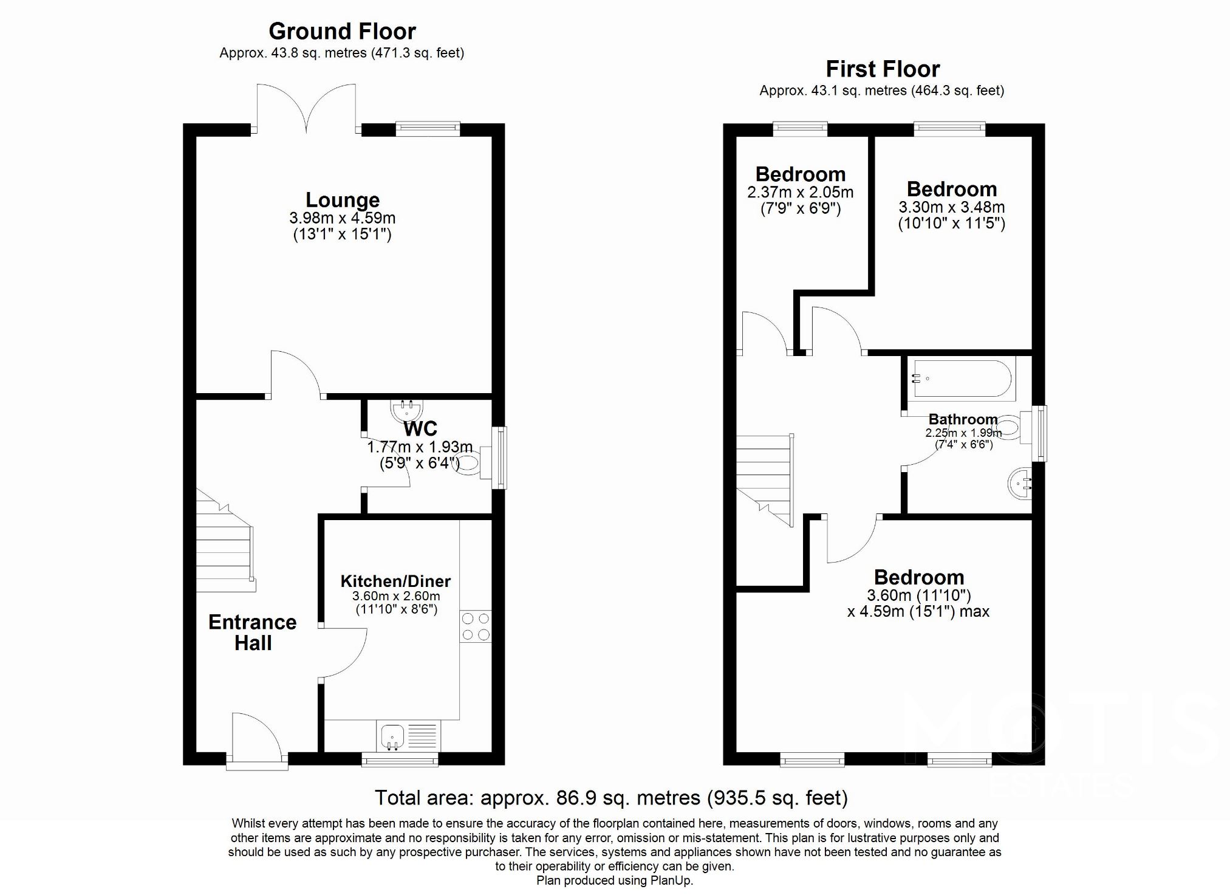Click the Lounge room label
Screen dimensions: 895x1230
click(x=343, y=200)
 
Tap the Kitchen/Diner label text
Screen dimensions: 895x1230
click(x=395, y=581)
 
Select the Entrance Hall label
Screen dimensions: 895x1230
click(x=252, y=633)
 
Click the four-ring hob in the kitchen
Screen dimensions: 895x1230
click(x=476, y=626)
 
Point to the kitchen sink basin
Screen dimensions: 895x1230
click(x=392, y=736)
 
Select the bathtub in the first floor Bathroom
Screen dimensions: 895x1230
click(x=960, y=379)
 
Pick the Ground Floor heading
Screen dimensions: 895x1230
click(x=342, y=31)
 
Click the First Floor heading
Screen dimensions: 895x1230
click(x=883, y=69)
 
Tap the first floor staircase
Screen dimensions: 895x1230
click(x=764, y=480)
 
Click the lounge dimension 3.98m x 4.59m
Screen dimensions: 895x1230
click(x=343, y=218)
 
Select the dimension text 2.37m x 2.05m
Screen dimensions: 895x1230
click(x=800, y=193)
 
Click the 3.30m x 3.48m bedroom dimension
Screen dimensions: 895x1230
click(x=951, y=207)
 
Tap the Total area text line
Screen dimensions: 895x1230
click(x=611, y=797)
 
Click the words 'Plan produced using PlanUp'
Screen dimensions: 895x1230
click(x=614, y=880)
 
